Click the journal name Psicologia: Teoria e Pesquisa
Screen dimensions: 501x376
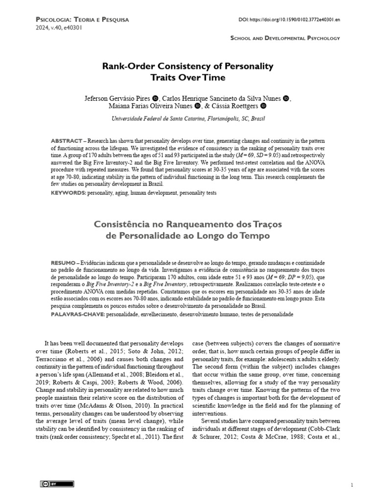[x=83, y=20]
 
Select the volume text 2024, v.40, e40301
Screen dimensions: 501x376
[x=59, y=28]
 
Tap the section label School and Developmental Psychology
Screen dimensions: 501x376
[x=285, y=38]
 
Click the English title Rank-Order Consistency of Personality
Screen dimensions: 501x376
[x=188, y=66]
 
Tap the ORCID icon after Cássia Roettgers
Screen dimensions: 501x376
[x=263, y=106]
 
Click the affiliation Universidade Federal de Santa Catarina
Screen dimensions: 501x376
[x=163, y=119]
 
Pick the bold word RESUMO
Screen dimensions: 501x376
[x=65, y=261]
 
